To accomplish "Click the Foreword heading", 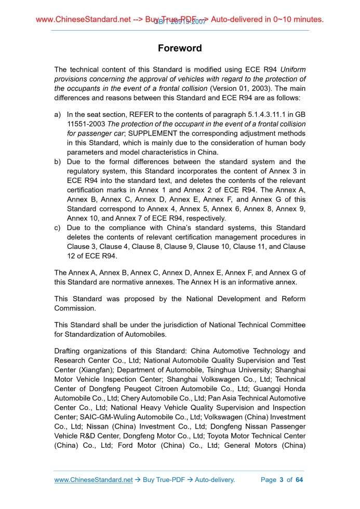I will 180,48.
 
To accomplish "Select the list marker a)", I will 58,114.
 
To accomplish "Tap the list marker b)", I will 58,162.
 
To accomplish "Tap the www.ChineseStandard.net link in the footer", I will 94,480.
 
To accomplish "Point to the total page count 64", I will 299,480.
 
